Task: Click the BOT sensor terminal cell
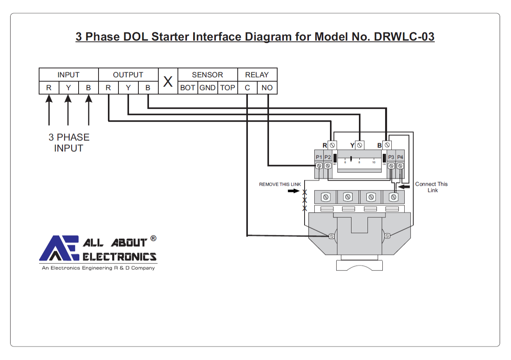188,88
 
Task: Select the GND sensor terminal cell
208,88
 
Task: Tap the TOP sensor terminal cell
228,88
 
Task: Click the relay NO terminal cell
267,88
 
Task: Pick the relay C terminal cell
247,88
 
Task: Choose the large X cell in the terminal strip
168,81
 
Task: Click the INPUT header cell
68,75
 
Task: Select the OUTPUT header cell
128,75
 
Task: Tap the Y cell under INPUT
68,88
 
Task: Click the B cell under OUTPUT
148,88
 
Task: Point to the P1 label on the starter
319,157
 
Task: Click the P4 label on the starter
400,157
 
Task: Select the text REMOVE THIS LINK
280,184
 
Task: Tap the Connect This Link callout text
432,187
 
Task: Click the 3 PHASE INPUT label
69,143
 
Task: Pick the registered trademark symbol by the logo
153,238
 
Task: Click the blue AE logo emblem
59,249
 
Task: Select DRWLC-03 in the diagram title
404,37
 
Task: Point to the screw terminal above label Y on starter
359,145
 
